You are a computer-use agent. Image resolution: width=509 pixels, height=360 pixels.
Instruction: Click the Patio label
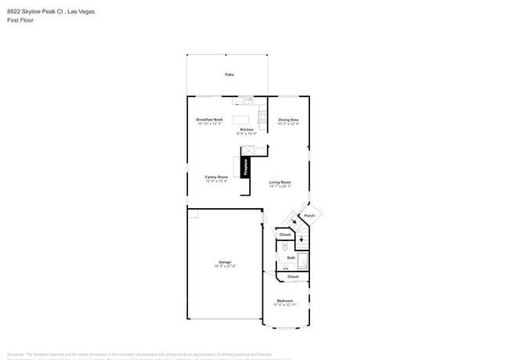tap(229, 74)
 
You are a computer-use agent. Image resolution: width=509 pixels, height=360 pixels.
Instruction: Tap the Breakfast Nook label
tap(209, 120)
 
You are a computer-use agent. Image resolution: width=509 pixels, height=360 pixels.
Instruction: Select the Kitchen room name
tap(247, 130)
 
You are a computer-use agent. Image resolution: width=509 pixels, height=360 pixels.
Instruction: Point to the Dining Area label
tap(288, 120)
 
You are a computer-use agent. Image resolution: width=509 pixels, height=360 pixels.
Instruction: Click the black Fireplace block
tap(245, 167)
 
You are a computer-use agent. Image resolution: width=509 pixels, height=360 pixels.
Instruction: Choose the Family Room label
tap(216, 177)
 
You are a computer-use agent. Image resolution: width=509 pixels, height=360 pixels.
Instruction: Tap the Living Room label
tap(280, 182)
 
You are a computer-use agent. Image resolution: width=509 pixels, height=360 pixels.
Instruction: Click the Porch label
tap(309, 215)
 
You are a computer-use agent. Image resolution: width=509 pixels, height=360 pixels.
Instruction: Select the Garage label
tap(225, 262)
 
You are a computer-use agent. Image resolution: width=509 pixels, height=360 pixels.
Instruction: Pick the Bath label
tap(291, 257)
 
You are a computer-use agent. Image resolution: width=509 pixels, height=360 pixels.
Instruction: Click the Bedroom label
tap(285, 301)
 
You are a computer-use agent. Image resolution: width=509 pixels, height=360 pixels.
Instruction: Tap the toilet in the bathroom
tap(284, 247)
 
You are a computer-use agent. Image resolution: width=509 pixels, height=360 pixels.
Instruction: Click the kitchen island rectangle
tap(240, 120)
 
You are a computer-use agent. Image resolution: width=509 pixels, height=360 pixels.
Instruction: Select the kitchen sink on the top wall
tap(247, 100)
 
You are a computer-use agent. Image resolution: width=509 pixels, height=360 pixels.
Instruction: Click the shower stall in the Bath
tap(303, 261)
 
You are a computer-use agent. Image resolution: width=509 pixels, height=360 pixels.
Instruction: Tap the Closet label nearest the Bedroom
tap(293, 276)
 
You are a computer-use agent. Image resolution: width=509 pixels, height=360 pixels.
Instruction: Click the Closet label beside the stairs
tap(285, 234)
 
